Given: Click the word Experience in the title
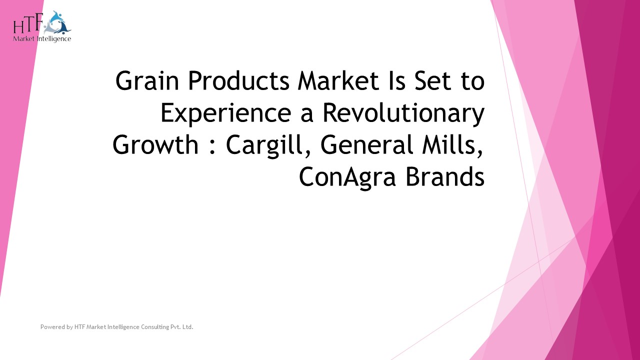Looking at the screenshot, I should pos(225,113).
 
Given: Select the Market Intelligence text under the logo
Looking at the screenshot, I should pos(42,38).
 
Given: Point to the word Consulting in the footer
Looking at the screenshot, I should pos(146,327).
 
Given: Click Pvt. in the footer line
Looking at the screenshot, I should pos(172,327).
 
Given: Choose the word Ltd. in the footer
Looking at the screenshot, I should pos(187,327).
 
